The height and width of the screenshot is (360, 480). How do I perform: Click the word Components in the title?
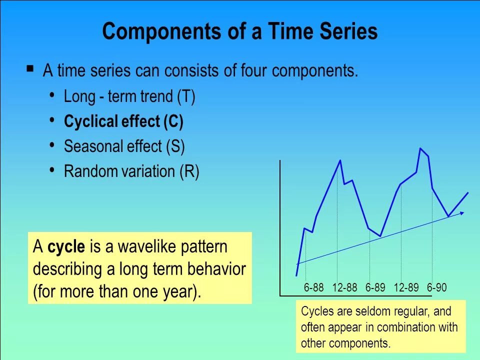pos(161,32)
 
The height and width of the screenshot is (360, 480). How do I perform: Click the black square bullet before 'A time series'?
pos(30,68)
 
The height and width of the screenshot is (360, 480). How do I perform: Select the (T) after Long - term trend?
pos(186,96)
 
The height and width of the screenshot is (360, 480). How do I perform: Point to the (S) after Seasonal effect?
pos(175,146)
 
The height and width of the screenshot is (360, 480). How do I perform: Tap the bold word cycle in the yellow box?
pos(66,246)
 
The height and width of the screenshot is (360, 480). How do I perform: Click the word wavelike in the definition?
pos(142,246)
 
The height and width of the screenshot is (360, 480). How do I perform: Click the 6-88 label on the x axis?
pos(313,287)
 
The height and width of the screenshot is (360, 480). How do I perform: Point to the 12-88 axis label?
pos(344,287)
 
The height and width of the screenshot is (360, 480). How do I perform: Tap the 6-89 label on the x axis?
pos(375,287)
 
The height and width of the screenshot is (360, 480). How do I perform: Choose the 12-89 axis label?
pos(406,287)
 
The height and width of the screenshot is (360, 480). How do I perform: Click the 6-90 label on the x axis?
pos(437,287)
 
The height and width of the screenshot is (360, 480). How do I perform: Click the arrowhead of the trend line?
pos(462,213)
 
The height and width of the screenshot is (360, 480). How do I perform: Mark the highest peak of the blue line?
pos(420,148)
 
